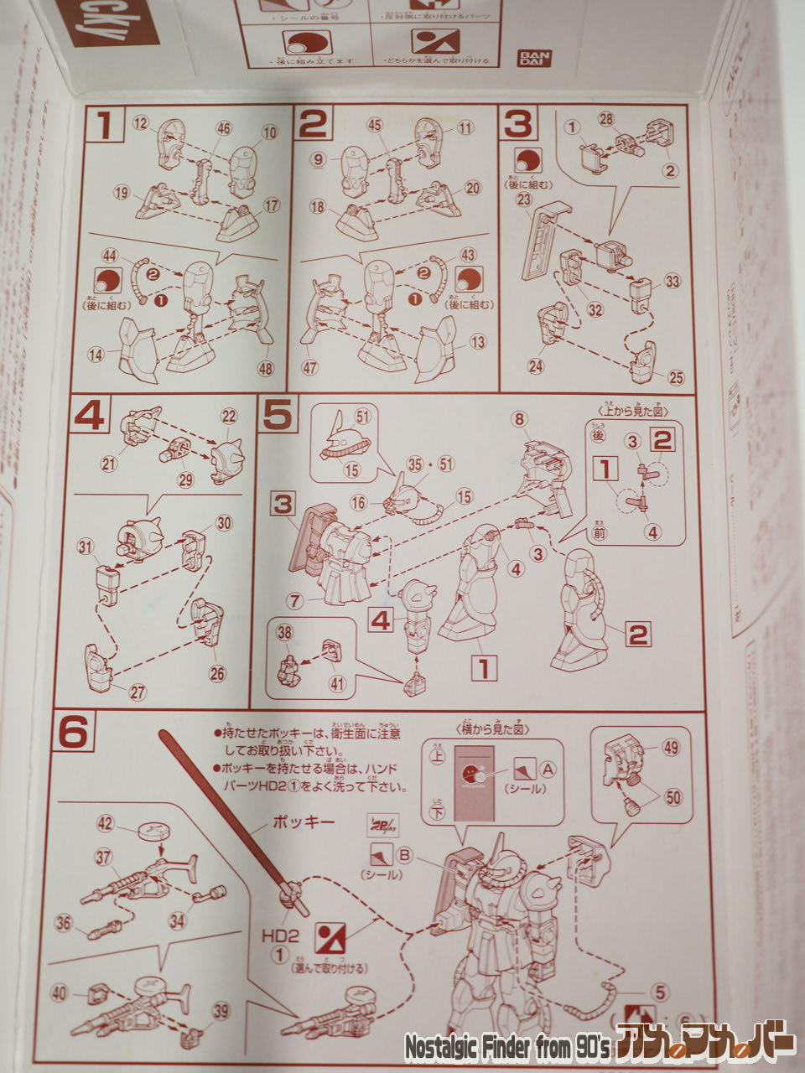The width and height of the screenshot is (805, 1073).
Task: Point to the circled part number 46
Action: click(x=223, y=128)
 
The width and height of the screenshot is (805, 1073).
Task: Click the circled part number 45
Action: click(x=375, y=125)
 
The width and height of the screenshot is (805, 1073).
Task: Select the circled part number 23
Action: click(x=524, y=200)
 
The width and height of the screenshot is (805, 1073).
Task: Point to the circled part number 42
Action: click(x=105, y=823)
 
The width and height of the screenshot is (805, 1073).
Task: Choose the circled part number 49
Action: click(x=670, y=748)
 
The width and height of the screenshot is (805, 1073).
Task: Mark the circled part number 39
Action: click(x=220, y=1012)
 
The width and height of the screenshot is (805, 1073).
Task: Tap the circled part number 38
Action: click(x=284, y=635)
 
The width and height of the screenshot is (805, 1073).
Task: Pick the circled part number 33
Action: click(x=672, y=280)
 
